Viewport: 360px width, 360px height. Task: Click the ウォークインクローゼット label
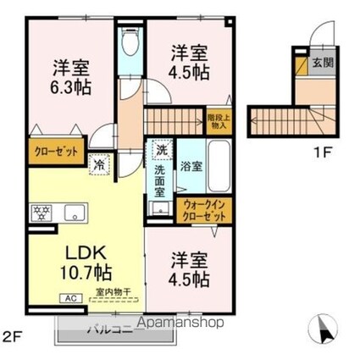click(x=203, y=211)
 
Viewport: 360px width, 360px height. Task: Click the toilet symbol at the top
click(x=130, y=42)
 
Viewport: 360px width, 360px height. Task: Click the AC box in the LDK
click(x=69, y=298)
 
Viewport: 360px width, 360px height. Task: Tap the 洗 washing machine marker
click(x=161, y=149)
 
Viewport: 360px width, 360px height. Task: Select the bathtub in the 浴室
click(x=218, y=166)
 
